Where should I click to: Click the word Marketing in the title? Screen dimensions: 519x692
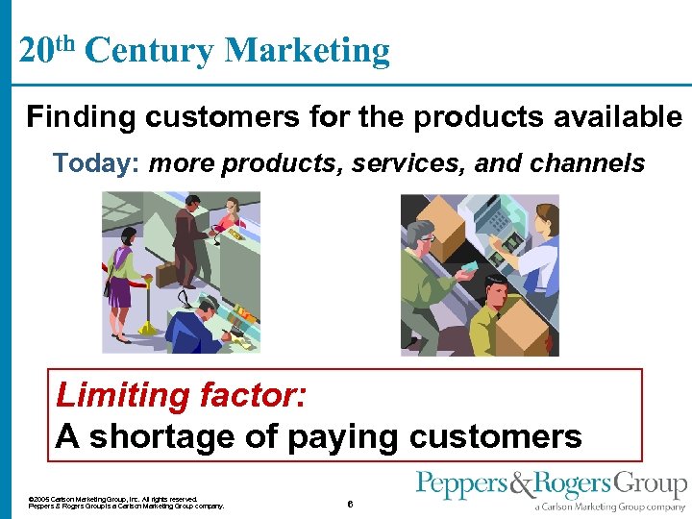(307, 50)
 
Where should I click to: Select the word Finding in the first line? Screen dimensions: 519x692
(82, 117)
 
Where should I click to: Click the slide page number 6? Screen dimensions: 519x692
(351, 504)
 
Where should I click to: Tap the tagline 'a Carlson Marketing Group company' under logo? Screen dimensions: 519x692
(610, 507)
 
